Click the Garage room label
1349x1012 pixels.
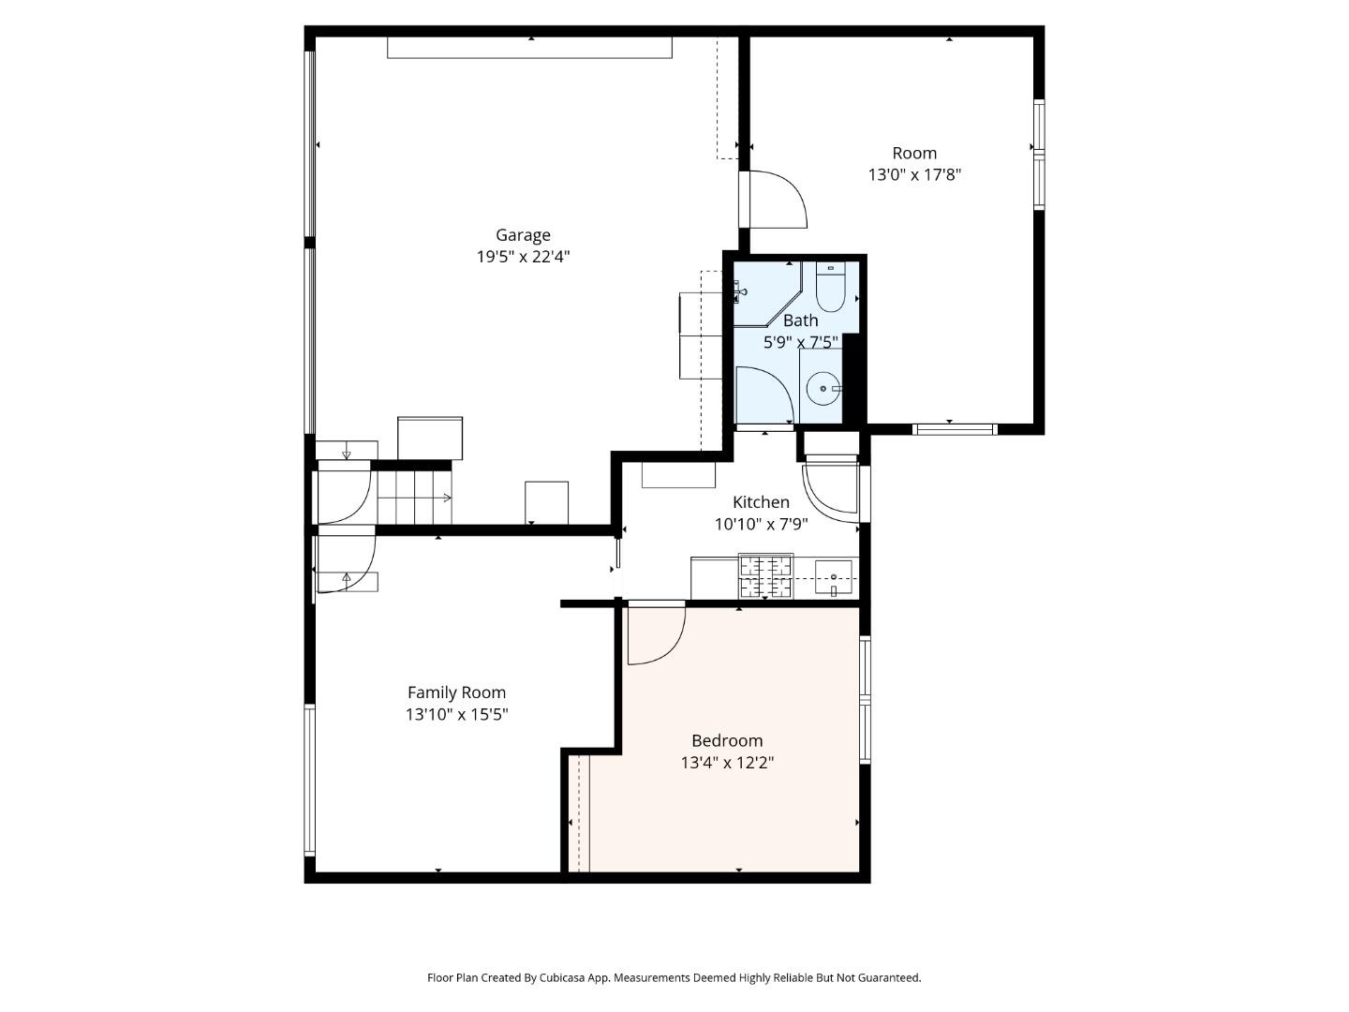[523, 234]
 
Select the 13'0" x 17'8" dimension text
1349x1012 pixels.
[914, 175]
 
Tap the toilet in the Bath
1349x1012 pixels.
[831, 287]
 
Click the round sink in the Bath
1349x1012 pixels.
[823, 388]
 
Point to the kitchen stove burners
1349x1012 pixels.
[765, 576]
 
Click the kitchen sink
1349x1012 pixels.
[834, 577]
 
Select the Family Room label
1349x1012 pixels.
[456, 692]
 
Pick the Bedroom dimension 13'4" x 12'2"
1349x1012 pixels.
[727, 763]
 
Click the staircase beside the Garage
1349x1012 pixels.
[414, 497]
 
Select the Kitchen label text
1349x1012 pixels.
[761, 502]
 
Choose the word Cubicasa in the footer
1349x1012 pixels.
[562, 977]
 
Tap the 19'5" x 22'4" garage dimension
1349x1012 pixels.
[523, 257]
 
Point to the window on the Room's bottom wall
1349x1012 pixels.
[954, 429]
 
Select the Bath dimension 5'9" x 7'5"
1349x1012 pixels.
[800, 342]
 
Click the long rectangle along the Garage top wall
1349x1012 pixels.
[529, 48]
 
